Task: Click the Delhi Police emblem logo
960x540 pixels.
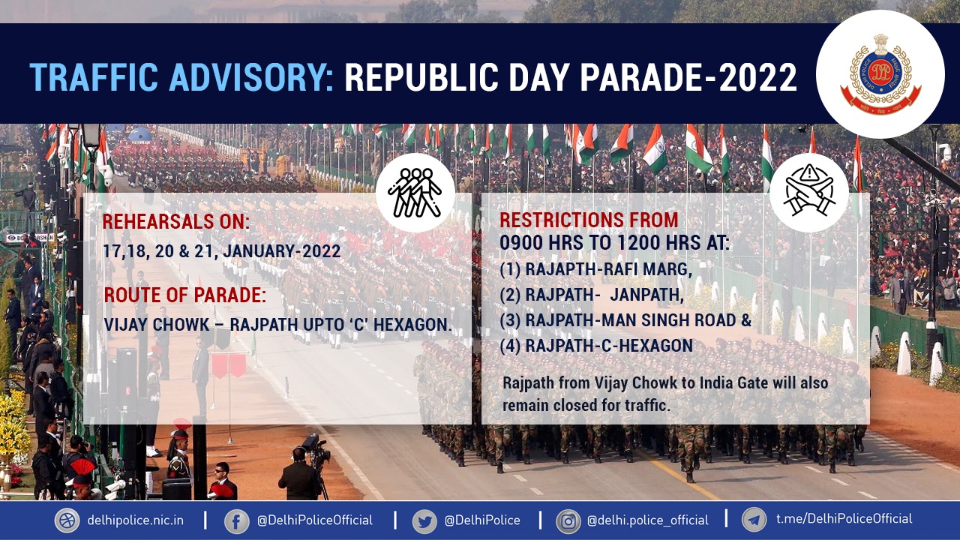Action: coord(880,73)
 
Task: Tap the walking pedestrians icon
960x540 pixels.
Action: coord(415,193)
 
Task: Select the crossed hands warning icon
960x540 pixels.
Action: coord(808,191)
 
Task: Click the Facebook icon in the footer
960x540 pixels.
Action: coord(236,521)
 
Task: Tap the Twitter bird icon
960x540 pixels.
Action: coord(424,521)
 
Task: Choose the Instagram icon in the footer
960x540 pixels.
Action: coord(568,521)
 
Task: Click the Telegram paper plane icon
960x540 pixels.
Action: coord(754,520)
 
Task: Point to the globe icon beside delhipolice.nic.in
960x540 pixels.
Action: coord(67,520)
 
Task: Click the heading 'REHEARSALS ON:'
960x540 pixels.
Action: coord(175,221)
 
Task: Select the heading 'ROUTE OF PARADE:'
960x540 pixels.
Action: coord(185,295)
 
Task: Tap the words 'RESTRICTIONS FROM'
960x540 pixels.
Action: coord(589,220)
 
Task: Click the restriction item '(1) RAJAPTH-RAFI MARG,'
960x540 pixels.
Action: coord(596,269)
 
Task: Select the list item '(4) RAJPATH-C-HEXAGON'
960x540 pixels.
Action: coord(596,346)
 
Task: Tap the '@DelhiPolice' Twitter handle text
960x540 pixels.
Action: coord(482,520)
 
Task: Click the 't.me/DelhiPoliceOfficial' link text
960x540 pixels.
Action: coord(844,519)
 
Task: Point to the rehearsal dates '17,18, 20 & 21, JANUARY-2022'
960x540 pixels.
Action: coord(221,251)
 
